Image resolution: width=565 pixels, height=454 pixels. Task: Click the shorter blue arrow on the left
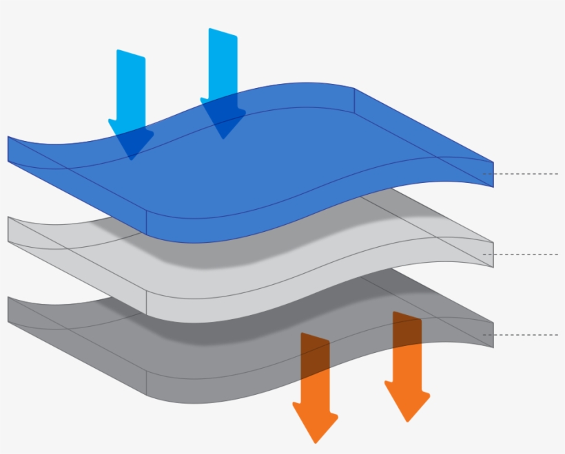[x=131, y=89]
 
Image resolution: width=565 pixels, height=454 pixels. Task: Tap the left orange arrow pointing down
[x=316, y=392]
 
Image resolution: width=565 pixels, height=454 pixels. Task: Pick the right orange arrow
[x=407, y=371]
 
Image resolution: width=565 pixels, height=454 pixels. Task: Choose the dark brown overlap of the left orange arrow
[x=315, y=354]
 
